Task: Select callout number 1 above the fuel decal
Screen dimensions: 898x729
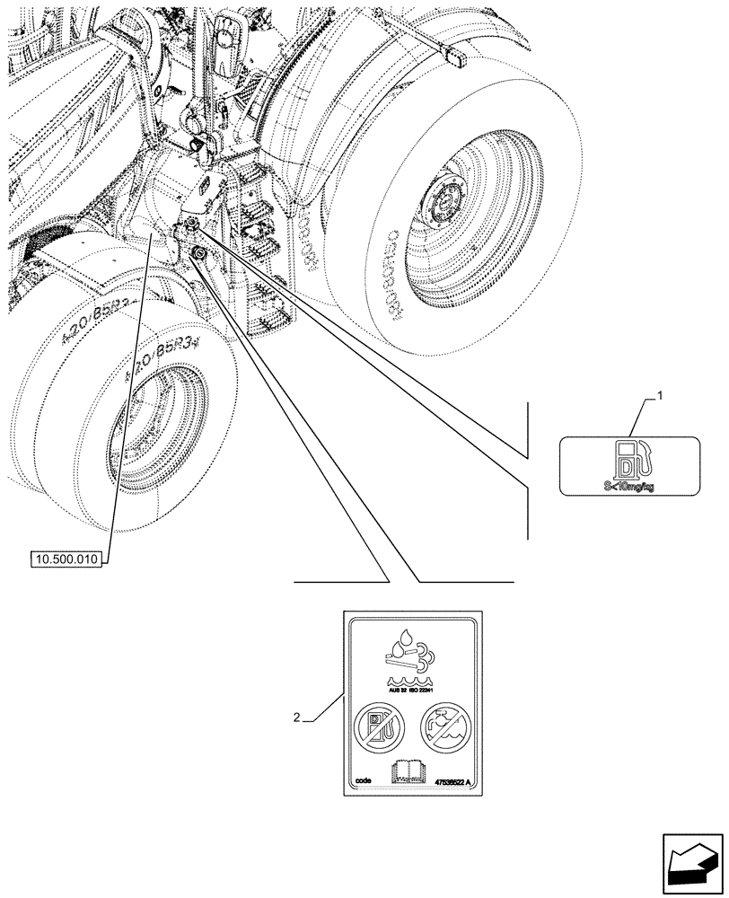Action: (x=660, y=396)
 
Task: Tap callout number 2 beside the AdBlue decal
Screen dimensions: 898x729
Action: (x=297, y=718)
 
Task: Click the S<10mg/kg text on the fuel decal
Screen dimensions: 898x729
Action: (x=629, y=486)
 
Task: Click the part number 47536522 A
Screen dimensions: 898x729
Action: (x=459, y=782)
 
